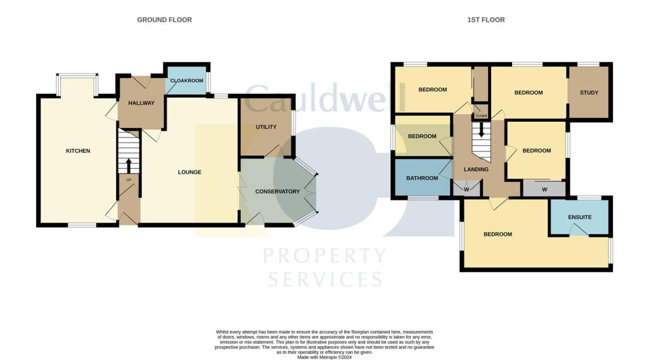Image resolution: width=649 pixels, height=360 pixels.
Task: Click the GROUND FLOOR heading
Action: pos(164,20)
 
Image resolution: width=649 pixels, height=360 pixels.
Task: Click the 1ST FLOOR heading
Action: pos(486,20)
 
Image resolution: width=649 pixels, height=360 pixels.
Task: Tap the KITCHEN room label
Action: pos(78,151)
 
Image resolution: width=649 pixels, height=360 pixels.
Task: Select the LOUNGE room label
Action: pos(190,172)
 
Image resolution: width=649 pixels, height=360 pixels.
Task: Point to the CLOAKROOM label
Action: pos(186,80)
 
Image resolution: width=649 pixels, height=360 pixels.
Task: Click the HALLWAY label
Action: pos(141,103)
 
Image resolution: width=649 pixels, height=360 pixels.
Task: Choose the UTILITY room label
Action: pos(266,127)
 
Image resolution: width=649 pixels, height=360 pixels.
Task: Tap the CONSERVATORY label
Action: pos(277,191)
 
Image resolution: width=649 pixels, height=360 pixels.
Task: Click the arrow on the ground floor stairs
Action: pos(129,165)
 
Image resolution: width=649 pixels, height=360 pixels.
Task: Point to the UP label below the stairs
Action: pos(129,179)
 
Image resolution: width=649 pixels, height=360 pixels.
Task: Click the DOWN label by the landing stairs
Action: pos(481,116)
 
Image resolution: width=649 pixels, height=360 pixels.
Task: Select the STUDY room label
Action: pos(589,93)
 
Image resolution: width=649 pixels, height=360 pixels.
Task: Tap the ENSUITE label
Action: pos(579,217)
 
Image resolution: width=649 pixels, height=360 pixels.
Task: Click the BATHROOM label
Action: pos(422,178)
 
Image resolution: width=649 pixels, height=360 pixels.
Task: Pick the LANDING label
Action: pos(476,169)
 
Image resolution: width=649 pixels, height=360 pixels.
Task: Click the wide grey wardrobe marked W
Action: pos(544,188)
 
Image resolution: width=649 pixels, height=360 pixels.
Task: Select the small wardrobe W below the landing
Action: pos(466,188)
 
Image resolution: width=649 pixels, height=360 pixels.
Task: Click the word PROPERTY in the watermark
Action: pos(324,256)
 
